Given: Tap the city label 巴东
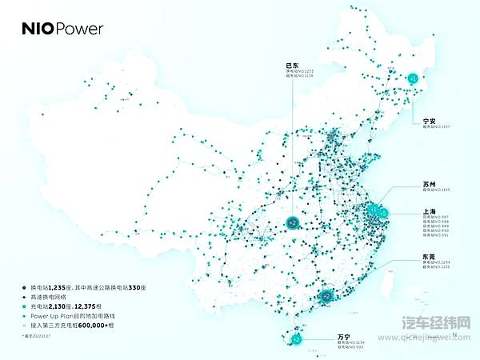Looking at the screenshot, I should (x=294, y=65).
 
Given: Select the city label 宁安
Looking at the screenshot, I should (x=430, y=122).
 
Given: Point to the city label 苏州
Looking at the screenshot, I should (x=430, y=184).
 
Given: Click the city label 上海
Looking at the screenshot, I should (x=430, y=213).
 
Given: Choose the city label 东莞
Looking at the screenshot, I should (x=430, y=257).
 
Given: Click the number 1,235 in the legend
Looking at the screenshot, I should (x=60, y=286).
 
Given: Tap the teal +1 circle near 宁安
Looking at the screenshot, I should (x=413, y=78).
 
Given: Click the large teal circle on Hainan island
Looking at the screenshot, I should (x=296, y=339).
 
